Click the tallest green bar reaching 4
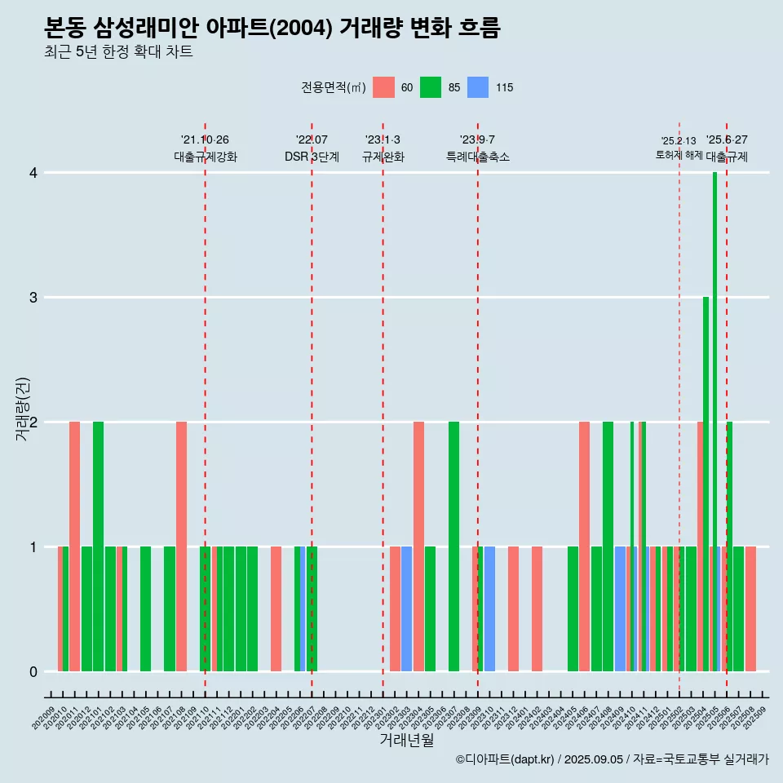click(x=714, y=422)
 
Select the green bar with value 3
click(x=706, y=484)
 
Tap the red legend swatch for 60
click(x=383, y=87)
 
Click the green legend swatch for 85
click(x=431, y=87)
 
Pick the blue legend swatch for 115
click(x=478, y=87)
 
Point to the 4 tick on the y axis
click(x=33, y=173)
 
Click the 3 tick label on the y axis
click(x=33, y=298)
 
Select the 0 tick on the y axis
click(x=33, y=672)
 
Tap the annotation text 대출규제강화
click(x=206, y=157)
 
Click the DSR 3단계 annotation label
click(x=312, y=157)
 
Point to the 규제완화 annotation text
click(x=383, y=157)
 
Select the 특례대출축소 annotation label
click(x=478, y=157)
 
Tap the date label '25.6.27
click(x=727, y=140)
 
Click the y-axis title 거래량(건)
click(x=23, y=409)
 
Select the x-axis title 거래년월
click(x=406, y=740)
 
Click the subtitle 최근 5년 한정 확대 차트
click(x=119, y=52)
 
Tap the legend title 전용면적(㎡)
click(x=333, y=87)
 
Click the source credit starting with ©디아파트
click(x=612, y=759)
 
